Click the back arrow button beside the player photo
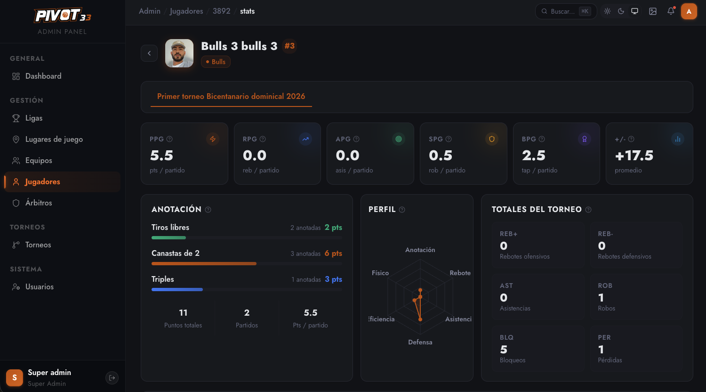[x=149, y=53]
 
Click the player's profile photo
[x=179, y=53]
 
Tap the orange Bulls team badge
[x=216, y=62]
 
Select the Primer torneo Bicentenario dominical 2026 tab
[x=231, y=96]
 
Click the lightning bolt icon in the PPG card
[x=213, y=139]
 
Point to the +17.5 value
[x=634, y=155]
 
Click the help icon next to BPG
[x=542, y=139]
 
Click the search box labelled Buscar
[x=566, y=11]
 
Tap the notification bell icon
[x=671, y=11]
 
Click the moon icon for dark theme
[x=621, y=11]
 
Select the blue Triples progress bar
[x=177, y=289]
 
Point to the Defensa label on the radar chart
[x=420, y=342]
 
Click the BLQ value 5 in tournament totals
[x=504, y=350]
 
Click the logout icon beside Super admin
[x=112, y=378]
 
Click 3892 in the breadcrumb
[x=221, y=11]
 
